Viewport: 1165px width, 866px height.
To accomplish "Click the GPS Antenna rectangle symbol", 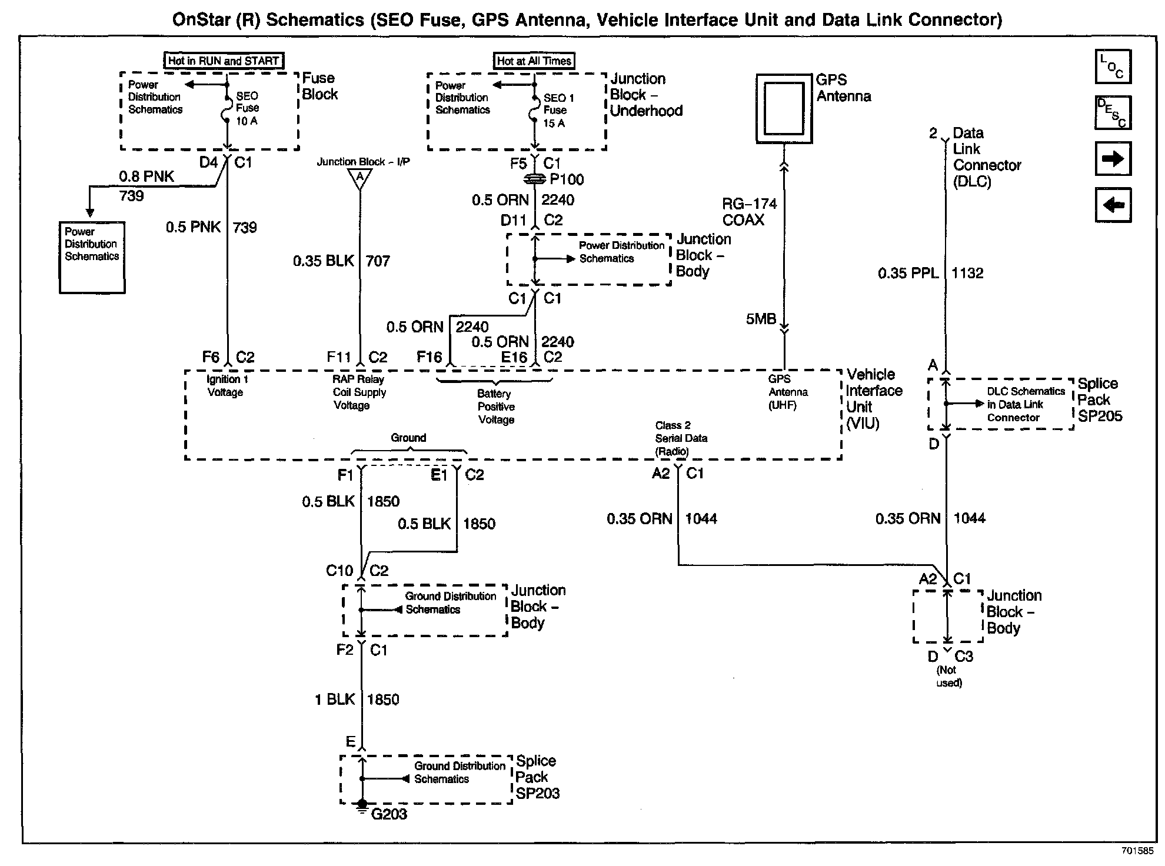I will pos(784,108).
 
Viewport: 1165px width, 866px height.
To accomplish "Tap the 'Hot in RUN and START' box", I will pos(223,61).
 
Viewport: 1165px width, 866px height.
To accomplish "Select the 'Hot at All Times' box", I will pos(534,61).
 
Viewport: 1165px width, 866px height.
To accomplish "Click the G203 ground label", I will pos(389,814).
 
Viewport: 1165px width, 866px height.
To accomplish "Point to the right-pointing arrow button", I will pos(1113,159).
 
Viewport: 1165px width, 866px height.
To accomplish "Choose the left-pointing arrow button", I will pos(1113,205).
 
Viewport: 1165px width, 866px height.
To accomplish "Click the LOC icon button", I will pos(1113,66).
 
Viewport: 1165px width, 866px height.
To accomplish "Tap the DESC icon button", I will pos(1113,112).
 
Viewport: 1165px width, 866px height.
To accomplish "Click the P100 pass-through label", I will pos(566,179).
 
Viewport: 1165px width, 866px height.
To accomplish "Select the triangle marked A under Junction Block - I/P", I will pos(360,178).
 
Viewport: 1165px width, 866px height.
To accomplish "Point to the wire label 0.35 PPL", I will pos(908,273).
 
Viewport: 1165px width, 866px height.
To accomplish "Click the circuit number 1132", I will pos(967,273).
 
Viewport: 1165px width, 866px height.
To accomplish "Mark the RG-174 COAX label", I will pos(749,212).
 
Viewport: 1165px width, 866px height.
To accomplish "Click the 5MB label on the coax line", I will pos(761,319).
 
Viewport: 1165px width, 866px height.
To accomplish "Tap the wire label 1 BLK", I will pos(335,700).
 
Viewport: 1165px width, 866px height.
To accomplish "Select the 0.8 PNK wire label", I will pos(147,176).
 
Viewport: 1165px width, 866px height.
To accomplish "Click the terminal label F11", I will pos(339,357).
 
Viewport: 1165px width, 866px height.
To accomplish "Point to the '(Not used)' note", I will pos(948,677).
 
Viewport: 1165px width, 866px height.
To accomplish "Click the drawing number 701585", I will pos(1137,851).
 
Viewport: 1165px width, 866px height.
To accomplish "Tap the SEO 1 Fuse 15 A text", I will pos(557,111).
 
